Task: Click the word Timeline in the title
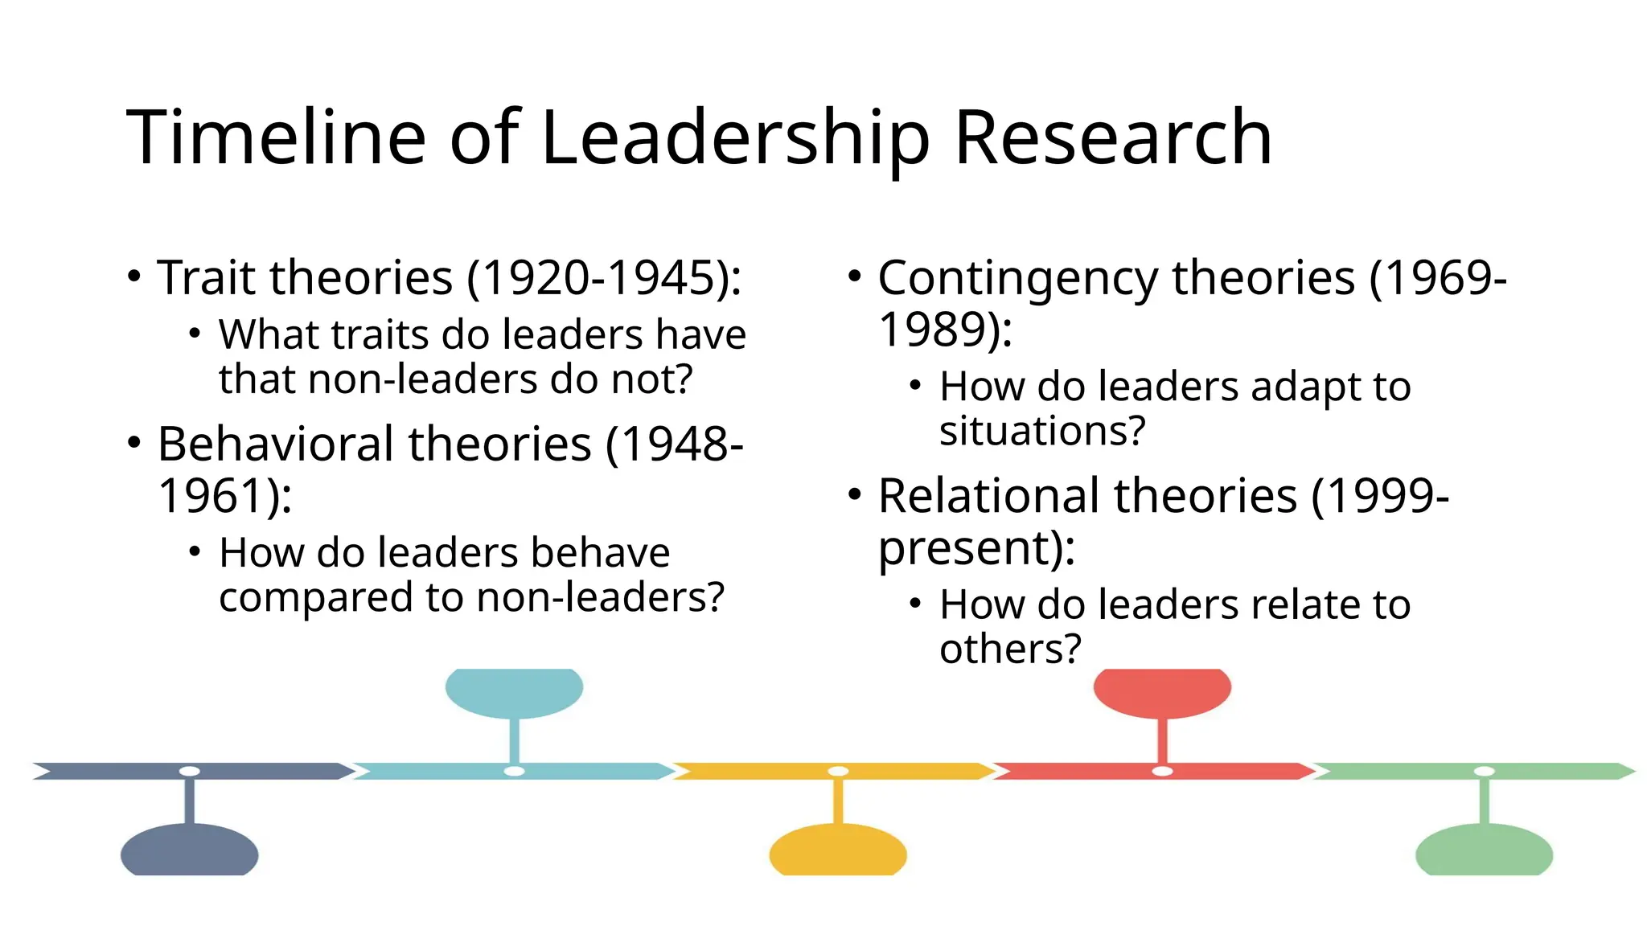coord(276,138)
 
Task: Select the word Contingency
coord(1017,280)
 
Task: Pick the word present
coord(965,549)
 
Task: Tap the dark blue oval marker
coord(190,850)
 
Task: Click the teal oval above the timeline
coord(514,691)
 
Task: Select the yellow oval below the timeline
coord(838,850)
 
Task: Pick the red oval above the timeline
coord(1162,691)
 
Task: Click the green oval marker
coord(1484,850)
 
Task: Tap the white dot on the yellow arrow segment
coord(838,772)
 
